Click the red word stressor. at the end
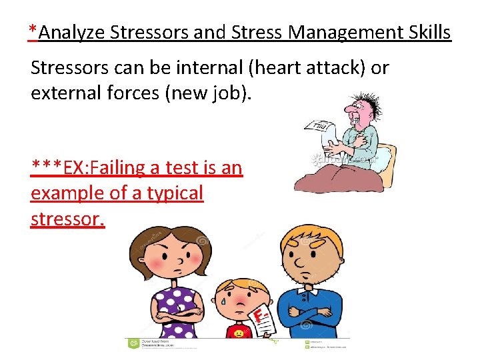67,219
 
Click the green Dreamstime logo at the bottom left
133,343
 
